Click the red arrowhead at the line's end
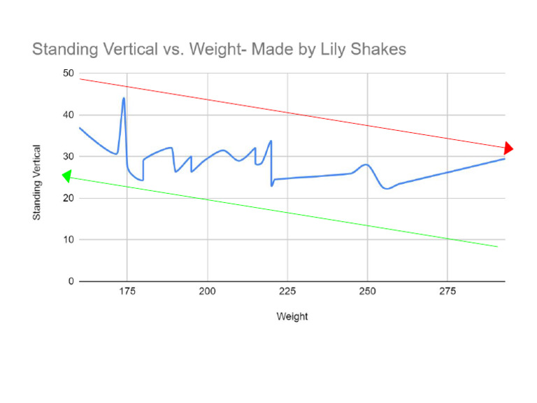pos(508,148)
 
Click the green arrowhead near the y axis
pos(67,176)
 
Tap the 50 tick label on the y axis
pos(68,73)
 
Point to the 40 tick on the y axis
pos(68,115)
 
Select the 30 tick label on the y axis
pos(68,157)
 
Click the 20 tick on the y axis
pos(68,198)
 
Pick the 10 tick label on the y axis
pos(68,240)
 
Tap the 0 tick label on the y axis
pos(71,281)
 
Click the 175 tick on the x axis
pos(127,291)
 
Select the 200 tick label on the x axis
pos(208,291)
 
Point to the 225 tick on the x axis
pos(287,291)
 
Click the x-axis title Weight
pos(292,316)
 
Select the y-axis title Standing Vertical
pos(37,183)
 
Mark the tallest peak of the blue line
pos(124,99)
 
